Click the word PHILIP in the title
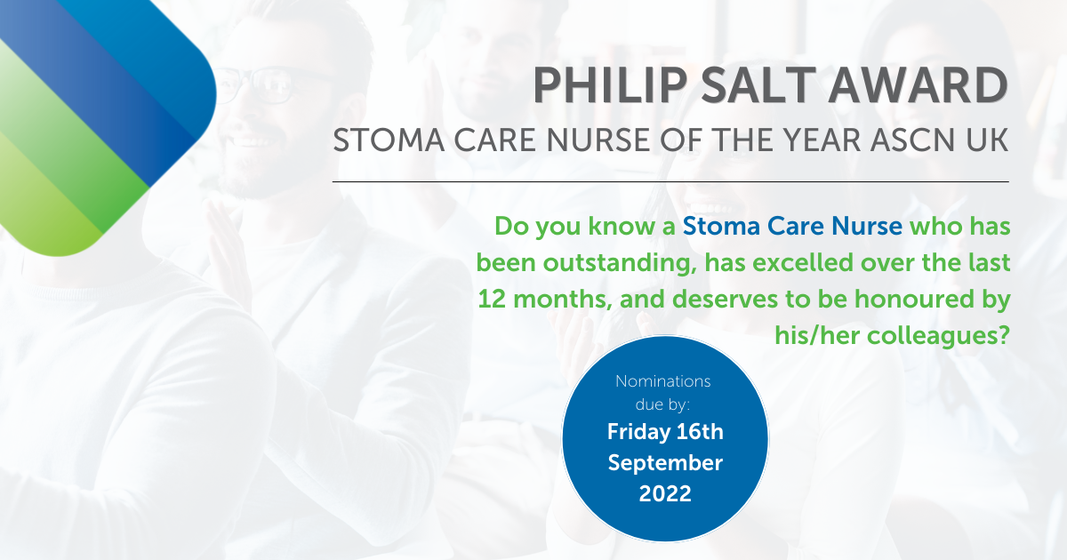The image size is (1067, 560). (610, 85)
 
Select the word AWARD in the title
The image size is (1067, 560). (918, 85)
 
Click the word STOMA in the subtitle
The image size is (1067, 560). (389, 140)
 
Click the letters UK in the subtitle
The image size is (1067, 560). (989, 140)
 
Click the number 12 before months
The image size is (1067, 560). (492, 300)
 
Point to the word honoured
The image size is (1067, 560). (914, 300)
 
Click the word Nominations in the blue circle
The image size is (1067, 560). (663, 381)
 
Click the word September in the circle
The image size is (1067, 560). (665, 463)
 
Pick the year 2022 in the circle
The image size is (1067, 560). (665, 494)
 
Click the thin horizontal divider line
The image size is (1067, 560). (670, 181)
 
